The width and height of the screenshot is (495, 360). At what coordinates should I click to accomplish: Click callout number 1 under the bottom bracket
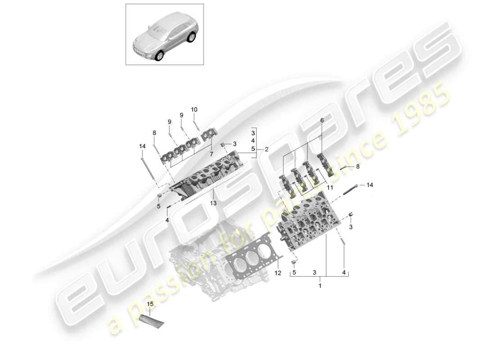[320, 286]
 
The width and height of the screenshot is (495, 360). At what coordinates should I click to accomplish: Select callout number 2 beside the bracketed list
[266, 148]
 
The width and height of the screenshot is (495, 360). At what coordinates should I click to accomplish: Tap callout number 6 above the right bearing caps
[322, 121]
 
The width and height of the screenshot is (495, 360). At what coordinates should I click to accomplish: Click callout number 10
[194, 109]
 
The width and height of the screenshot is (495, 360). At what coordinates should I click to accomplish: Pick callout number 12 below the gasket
[278, 273]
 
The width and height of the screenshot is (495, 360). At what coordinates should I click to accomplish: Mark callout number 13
[213, 203]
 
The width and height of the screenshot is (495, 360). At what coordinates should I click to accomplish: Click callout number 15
[150, 304]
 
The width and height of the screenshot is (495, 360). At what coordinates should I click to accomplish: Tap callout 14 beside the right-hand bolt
[369, 185]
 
